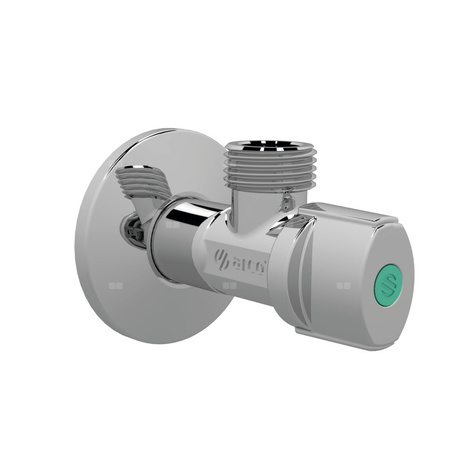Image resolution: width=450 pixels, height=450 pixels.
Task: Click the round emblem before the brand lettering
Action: [x=223, y=263]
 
